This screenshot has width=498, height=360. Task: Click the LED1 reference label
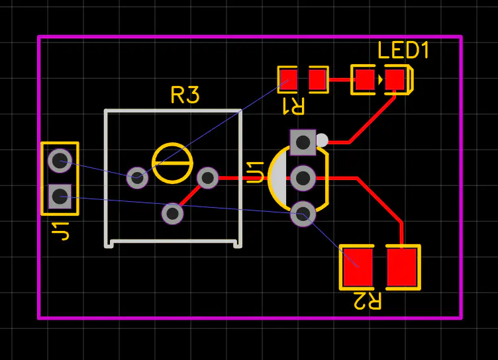click(403, 51)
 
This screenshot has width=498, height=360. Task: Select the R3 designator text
click(185, 95)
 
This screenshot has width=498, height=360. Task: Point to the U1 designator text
click(255, 171)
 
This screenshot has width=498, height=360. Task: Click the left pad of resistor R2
click(358, 267)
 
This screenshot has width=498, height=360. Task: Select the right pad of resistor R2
click(403, 267)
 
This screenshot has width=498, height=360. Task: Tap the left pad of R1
click(288, 80)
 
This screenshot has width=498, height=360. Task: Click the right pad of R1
click(318, 80)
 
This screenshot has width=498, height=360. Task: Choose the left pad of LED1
click(364, 80)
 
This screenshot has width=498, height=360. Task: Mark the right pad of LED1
click(395, 80)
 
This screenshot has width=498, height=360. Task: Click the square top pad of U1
click(303, 141)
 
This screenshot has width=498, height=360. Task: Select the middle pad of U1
click(303, 177)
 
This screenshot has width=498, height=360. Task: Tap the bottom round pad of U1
click(303, 214)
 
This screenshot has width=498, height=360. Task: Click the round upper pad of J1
click(60, 159)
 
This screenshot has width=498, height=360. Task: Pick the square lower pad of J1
click(60, 195)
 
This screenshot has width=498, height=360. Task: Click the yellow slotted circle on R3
click(172, 163)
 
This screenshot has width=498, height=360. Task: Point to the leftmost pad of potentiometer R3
click(137, 177)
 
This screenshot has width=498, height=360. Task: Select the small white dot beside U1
click(322, 140)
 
